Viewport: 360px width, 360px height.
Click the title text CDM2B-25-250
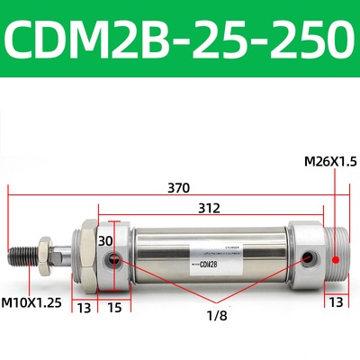tap(179, 38)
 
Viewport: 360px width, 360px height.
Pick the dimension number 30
tap(106, 241)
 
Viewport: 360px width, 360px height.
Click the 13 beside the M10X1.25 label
tap(84, 309)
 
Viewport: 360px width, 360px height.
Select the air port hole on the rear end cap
tap(310, 259)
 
